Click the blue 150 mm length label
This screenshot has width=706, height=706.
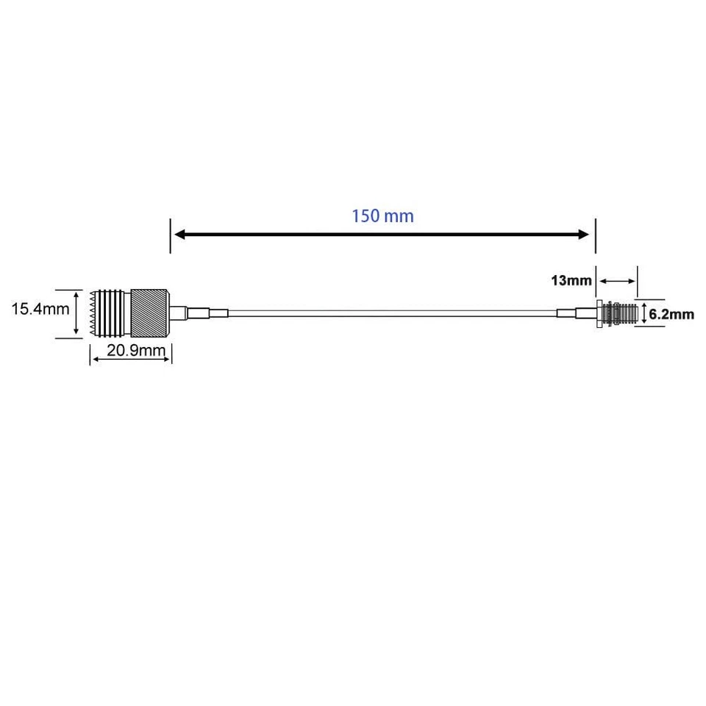point(382,216)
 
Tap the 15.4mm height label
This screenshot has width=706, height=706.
point(40,310)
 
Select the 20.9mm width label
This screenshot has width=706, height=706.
point(135,350)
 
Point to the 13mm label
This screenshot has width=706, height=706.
point(571,280)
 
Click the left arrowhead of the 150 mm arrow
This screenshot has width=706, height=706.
point(179,235)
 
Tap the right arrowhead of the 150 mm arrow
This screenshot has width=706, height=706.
point(584,235)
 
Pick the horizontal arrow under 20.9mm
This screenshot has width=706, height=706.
point(131,359)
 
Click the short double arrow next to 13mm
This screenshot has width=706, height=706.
point(617,280)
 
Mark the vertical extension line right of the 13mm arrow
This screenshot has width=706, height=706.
point(638,282)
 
